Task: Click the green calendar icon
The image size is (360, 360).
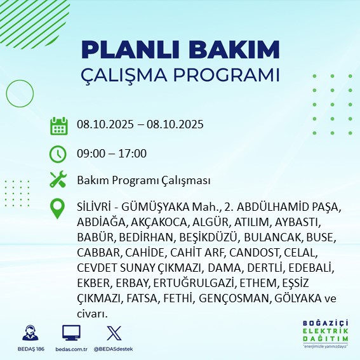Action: tap(58, 126)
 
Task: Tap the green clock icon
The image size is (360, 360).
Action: tap(58, 154)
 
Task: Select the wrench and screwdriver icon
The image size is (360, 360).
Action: tap(58, 180)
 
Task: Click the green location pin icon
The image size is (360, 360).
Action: tap(58, 209)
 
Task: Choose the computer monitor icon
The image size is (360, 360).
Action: tap(70, 333)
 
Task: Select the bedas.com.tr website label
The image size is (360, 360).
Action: tap(70, 349)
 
